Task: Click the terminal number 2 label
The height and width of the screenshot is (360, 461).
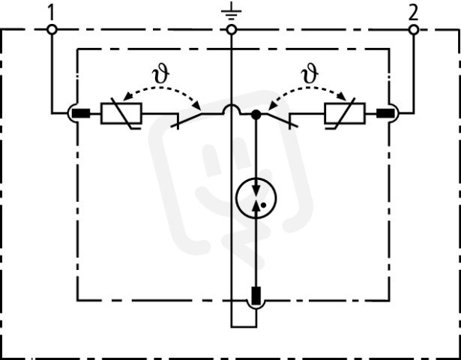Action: point(413,13)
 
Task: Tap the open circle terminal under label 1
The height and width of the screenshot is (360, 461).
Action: point(52,30)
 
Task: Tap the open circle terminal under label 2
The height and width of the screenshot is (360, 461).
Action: point(414,30)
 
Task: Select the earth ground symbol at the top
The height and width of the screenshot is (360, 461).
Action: point(232,11)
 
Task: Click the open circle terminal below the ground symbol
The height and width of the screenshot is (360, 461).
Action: point(232,30)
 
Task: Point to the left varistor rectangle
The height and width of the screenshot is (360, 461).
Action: point(121,113)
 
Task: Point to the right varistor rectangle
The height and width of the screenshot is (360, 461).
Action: point(345,113)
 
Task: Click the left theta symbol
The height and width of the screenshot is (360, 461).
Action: point(161,75)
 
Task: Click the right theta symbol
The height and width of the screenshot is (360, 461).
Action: point(310,74)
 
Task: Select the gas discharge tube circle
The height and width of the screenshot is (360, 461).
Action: point(256,198)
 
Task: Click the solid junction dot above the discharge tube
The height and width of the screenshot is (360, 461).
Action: point(256,115)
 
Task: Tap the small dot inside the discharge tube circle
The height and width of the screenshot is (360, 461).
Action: point(263,205)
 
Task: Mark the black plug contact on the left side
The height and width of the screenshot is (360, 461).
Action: point(81,113)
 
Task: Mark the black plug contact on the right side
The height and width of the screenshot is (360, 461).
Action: point(385,113)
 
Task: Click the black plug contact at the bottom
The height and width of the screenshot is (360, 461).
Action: point(256,295)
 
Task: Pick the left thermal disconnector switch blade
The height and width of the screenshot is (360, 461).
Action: point(187,121)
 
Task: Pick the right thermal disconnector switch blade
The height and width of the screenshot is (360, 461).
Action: point(283,120)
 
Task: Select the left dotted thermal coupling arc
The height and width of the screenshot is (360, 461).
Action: point(161,87)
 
